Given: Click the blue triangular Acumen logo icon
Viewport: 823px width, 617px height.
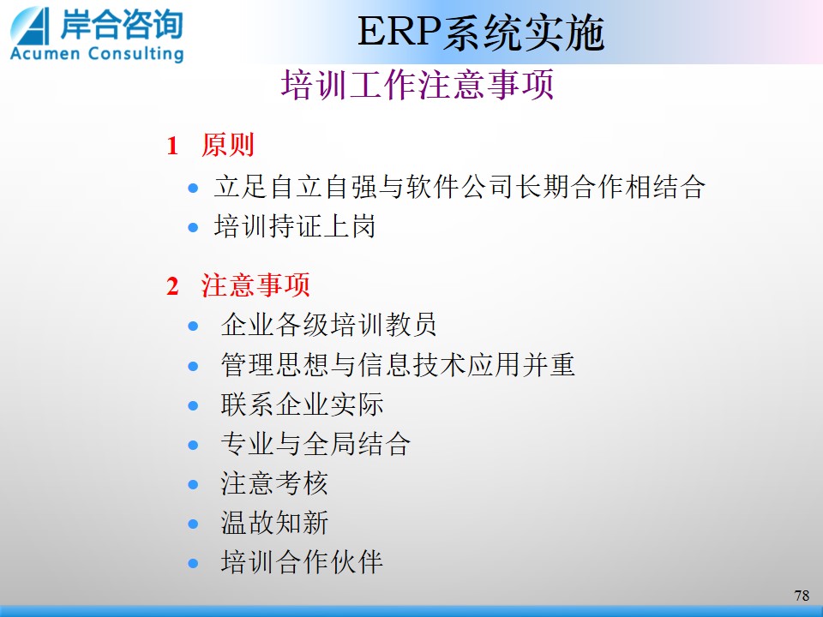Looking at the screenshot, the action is [x=32, y=27].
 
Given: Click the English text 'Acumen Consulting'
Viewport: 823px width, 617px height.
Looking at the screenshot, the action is [x=97, y=54].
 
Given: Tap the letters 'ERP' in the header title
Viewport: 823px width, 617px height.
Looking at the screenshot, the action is [x=399, y=32].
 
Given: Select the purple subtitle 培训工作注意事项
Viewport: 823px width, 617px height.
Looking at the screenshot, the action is [x=418, y=85].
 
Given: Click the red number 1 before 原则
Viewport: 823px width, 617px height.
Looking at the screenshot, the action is [x=172, y=146].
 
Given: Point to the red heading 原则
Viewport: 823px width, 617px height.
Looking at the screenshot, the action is [x=228, y=145].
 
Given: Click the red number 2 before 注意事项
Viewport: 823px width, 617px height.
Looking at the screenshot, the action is [x=172, y=286].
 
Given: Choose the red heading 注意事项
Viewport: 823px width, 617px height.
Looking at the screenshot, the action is [x=255, y=285].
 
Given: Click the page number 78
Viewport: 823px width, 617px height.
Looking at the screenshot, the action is [x=802, y=596].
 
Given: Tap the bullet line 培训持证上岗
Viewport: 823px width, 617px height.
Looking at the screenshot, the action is [x=295, y=226].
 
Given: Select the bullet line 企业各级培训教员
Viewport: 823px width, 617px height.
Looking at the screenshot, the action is [x=328, y=325].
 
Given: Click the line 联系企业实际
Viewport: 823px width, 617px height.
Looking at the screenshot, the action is [x=302, y=404].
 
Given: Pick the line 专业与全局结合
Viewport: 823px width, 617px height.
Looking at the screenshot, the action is [x=315, y=444].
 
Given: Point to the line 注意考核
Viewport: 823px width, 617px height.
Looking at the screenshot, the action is [x=274, y=483].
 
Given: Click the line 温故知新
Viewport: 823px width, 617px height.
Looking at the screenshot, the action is [x=274, y=523].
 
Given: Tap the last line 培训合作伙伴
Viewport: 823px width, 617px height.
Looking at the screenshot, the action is [x=302, y=562].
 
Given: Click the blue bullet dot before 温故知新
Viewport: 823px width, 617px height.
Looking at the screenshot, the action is [x=193, y=524].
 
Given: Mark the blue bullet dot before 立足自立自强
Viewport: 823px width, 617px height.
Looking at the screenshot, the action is [x=193, y=188].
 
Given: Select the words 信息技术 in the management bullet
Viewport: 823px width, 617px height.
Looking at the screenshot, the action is [x=411, y=365].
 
